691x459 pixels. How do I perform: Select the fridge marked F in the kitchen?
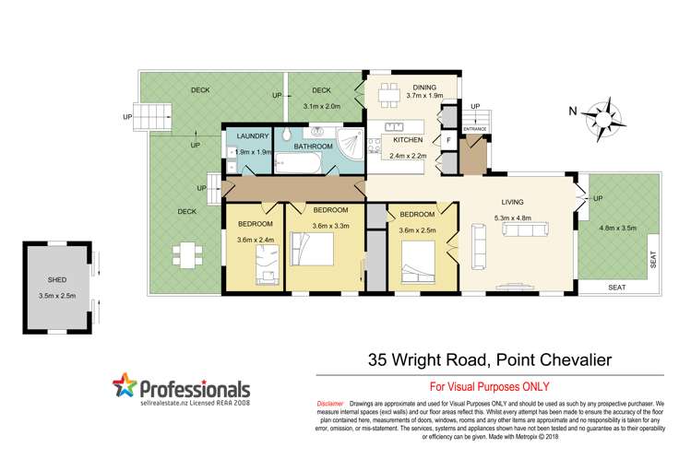448,140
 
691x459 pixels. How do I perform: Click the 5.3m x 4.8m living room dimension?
513,218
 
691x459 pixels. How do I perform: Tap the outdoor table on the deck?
186,252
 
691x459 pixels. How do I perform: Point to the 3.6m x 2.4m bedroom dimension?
256,241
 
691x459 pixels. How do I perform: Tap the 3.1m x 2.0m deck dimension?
321,106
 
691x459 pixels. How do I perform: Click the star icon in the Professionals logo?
126,386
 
